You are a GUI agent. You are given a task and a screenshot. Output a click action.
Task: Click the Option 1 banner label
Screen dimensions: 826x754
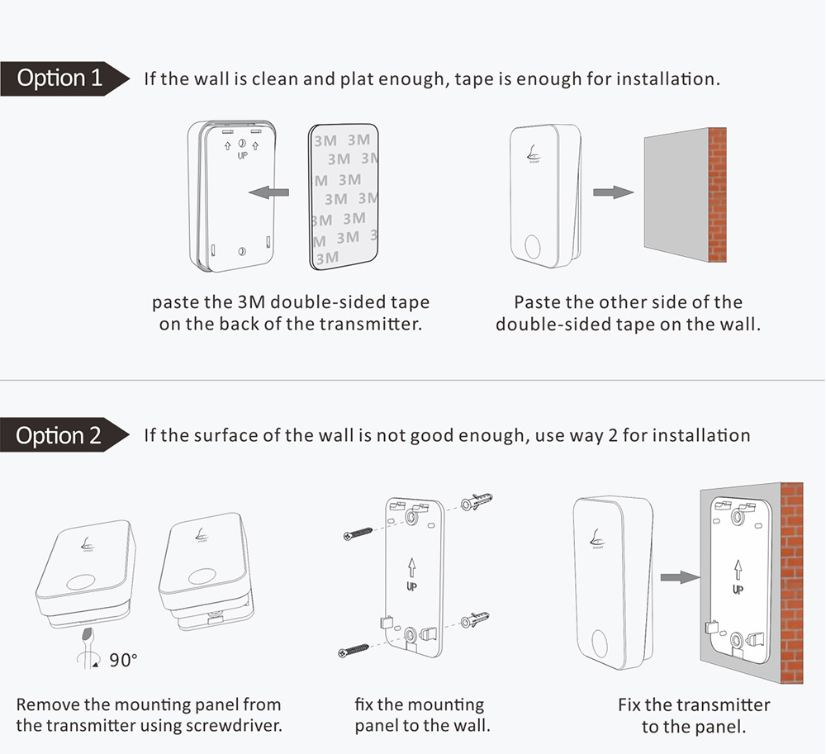pos(59,78)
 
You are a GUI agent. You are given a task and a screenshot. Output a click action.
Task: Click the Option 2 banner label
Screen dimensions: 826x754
pos(59,435)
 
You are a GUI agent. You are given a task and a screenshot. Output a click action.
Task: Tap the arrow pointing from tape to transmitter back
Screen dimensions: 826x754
pos(268,192)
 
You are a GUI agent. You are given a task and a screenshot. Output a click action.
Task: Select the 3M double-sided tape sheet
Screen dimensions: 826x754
pos(344,197)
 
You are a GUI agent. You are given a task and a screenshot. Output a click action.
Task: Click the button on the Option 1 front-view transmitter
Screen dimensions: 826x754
pos(533,246)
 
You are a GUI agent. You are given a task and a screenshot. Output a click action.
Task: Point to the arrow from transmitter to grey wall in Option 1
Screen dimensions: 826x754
pos(613,192)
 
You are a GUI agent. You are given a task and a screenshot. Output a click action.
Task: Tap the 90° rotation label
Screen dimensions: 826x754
pos(123,661)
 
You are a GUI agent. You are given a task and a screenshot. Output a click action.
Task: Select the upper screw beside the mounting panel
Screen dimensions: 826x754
pos(358,533)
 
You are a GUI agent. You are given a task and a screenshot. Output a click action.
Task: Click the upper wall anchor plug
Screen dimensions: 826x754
pos(477,501)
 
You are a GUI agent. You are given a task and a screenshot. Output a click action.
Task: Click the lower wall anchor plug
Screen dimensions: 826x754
pos(475,619)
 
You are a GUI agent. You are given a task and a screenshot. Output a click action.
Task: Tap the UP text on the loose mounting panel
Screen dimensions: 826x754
pos(411,586)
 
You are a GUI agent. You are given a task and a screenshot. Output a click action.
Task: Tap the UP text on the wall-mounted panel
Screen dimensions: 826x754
pos(738,589)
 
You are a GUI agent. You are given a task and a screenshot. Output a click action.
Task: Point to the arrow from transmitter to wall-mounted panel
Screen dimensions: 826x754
pos(680,577)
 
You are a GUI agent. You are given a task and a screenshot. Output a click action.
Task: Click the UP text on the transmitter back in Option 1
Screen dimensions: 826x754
pos(242,155)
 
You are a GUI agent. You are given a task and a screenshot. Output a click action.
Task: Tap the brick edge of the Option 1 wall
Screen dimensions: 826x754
pos(718,195)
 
